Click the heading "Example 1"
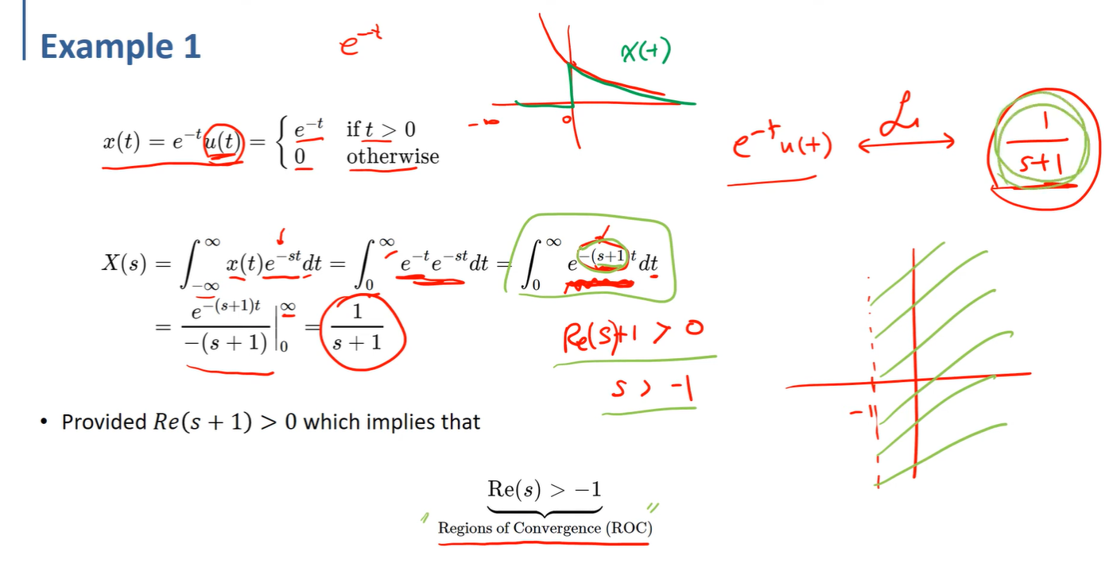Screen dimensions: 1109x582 click(x=120, y=47)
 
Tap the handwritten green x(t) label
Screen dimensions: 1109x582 click(x=646, y=52)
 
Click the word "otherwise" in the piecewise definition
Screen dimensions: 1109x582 click(x=392, y=156)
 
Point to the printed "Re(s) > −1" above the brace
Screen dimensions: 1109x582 click(x=545, y=490)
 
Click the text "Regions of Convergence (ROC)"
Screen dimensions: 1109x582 click(x=545, y=528)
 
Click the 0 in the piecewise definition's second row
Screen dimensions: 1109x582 click(x=300, y=156)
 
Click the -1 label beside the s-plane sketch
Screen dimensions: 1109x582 click(x=858, y=412)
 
